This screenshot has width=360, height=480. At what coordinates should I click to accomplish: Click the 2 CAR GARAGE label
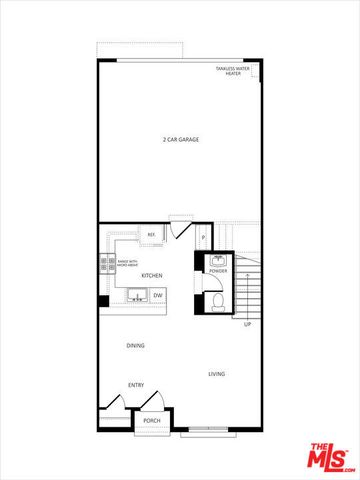pos(181,139)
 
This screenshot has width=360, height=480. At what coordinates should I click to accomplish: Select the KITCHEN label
pos(152,275)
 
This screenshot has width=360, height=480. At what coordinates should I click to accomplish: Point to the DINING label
pos(135,345)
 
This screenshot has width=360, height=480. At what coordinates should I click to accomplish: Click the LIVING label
pos(216,374)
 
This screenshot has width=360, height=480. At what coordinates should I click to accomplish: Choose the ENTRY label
pos(135,385)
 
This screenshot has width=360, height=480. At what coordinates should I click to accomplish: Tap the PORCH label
pos(152,421)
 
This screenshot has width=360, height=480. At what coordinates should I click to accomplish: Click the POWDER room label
pos(218,271)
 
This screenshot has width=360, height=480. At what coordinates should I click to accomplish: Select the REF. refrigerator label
pos(152,236)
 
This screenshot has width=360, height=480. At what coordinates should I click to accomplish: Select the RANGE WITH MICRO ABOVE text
pos(128,263)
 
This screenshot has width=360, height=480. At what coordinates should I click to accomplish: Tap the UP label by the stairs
pos(247,323)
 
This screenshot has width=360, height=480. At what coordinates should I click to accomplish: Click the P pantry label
pos(203,237)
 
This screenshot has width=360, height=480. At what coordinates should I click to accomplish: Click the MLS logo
pos(329,457)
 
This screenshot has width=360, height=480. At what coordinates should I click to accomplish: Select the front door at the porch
pos(152,401)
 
